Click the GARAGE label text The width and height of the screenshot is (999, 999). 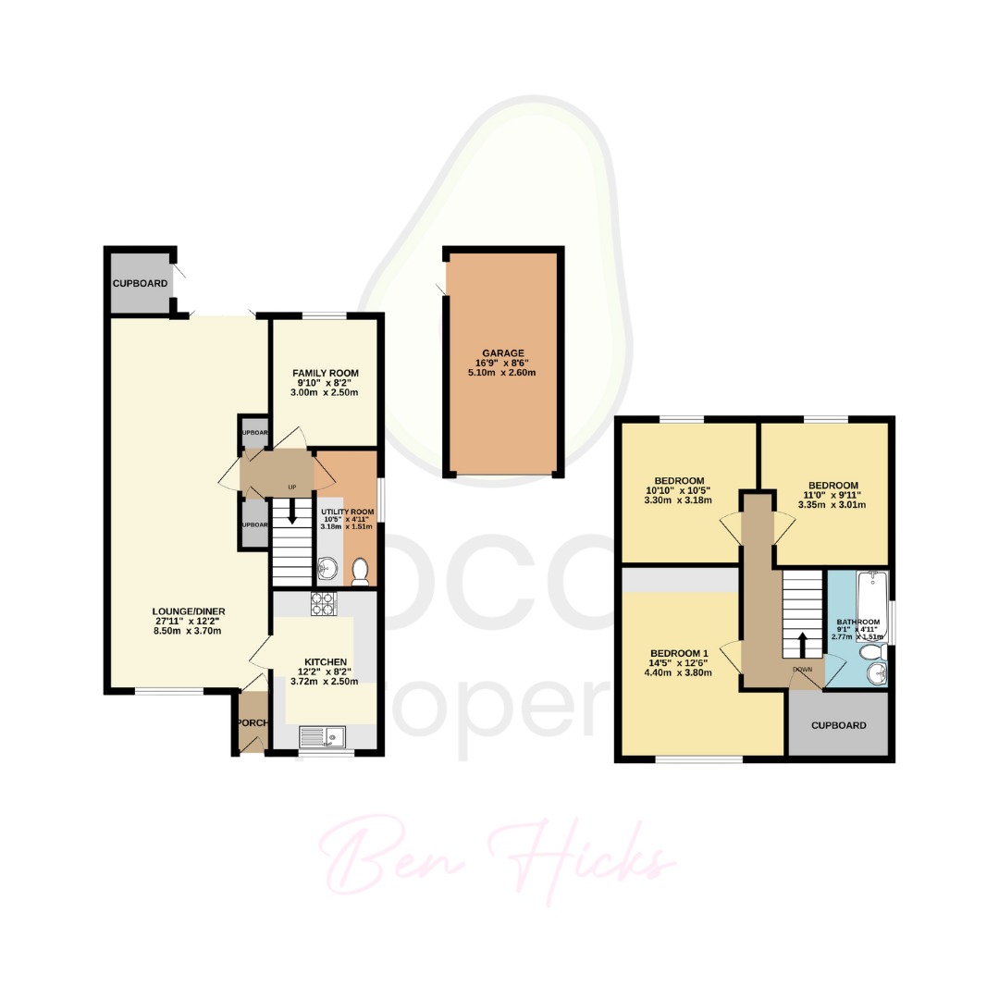pos(501,352)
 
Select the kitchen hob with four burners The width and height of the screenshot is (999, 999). pos(324,604)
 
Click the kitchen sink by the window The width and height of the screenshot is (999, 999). pos(322,737)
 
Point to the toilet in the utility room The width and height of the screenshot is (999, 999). pos(361,573)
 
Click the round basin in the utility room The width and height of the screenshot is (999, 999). pos(326,568)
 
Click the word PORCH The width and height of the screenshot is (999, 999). pos(251,722)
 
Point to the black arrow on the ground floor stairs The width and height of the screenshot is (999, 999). pos(292,512)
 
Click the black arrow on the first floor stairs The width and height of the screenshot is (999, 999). pos(802,644)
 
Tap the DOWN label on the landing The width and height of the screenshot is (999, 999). pos(803,669)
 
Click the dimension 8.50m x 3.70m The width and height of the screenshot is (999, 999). pos(190,631)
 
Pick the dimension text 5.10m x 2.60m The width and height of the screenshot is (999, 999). pos(501,373)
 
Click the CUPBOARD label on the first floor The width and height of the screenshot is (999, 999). pos(838,725)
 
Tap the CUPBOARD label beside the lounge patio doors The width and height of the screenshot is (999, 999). pos(140,282)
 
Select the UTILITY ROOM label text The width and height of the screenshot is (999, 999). pos(347,512)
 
